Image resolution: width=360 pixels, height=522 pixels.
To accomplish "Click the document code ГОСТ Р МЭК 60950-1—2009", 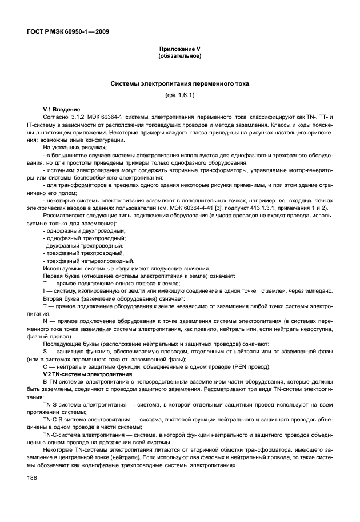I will point(67,31).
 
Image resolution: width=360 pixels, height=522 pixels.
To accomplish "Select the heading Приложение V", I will point(179,50).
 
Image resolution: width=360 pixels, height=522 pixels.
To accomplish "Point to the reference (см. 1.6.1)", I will point(179,95).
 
